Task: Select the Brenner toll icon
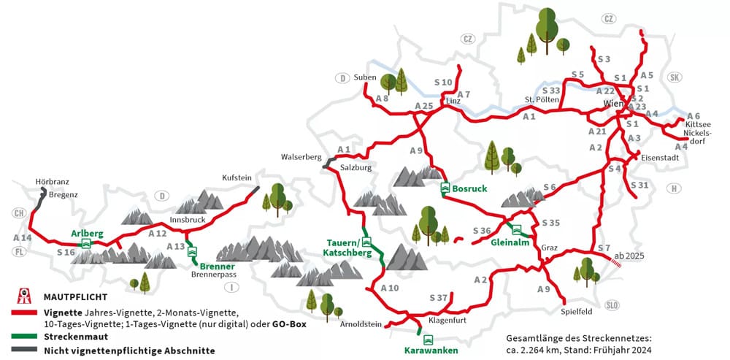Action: click(x=193, y=252)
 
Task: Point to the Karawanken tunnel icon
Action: click(x=428, y=339)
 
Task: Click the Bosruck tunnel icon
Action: click(x=445, y=188)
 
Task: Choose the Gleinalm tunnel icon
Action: click(x=517, y=230)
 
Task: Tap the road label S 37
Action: click(x=437, y=297)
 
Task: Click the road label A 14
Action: click(x=23, y=238)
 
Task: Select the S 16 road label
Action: click(x=66, y=252)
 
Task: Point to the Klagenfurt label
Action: click(x=447, y=321)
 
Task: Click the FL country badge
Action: click(x=19, y=252)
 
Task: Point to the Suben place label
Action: click(x=364, y=77)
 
